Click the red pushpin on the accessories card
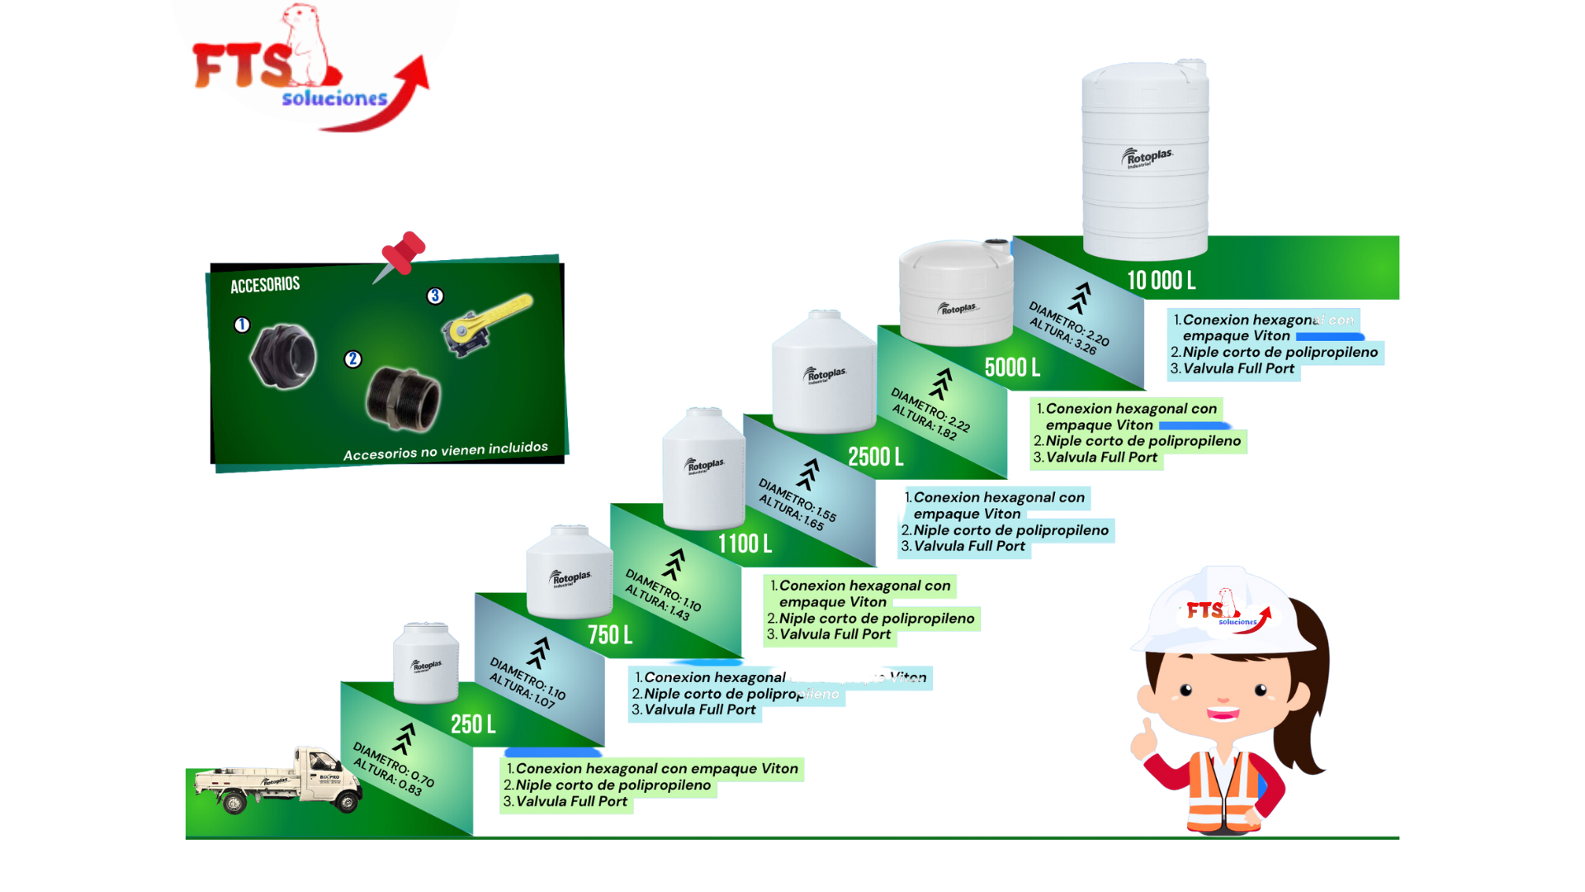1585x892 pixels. [403, 253]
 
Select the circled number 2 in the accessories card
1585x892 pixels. [352, 359]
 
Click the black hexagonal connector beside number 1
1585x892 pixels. [283, 357]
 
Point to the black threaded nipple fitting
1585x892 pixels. [403, 399]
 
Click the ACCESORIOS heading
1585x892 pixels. [265, 286]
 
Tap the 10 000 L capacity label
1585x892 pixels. [1161, 281]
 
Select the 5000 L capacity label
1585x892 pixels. [1012, 368]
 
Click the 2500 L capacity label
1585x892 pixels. [875, 457]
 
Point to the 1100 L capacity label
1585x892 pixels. [745, 544]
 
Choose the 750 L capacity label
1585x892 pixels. [610, 635]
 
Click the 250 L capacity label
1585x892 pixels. [473, 724]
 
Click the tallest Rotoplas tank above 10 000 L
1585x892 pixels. [1145, 161]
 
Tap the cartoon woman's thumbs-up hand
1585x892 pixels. [1145, 738]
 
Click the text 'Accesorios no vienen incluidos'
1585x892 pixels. [445, 451]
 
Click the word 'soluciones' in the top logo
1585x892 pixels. [334, 99]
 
